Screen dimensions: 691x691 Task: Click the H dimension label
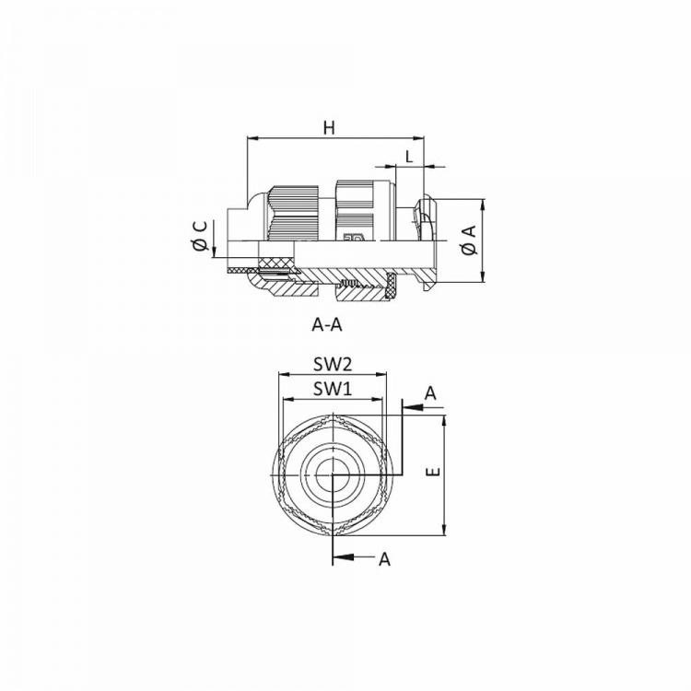tap(329, 128)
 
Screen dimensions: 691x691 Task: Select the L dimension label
tap(409, 157)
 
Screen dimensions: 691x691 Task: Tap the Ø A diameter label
tap(469, 240)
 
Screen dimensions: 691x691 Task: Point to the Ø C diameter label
tap(201, 236)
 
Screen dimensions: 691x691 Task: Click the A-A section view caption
tap(327, 325)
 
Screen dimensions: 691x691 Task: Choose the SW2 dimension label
tap(333, 365)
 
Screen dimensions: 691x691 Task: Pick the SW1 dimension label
tap(333, 389)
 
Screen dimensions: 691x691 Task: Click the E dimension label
tap(434, 472)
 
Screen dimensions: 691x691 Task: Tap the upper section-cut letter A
tap(430, 392)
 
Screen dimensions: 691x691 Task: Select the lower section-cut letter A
tap(385, 559)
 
